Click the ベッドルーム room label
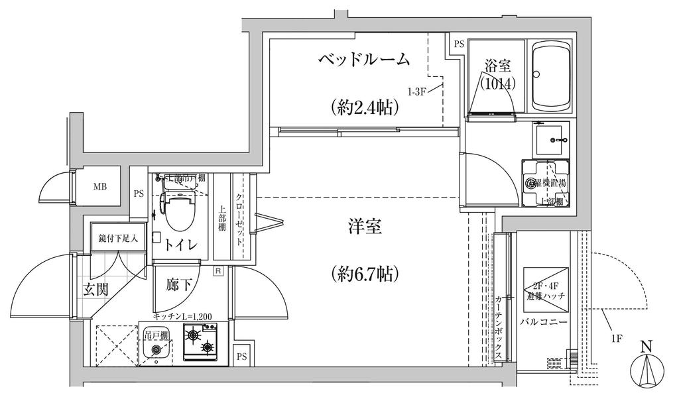tap(364, 60)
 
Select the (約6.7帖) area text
tap(364, 272)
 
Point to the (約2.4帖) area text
tap(364, 107)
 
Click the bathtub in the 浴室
tap(552, 78)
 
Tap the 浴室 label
tap(497, 66)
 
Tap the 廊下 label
tap(180, 285)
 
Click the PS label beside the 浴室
tap(459, 44)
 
